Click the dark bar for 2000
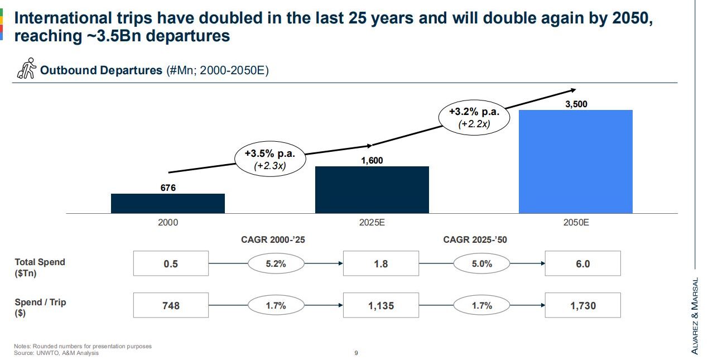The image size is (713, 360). click(x=168, y=203)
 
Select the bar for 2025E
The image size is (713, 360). click(x=372, y=190)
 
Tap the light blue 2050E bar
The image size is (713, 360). click(x=576, y=161)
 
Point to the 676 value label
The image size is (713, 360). click(x=168, y=188)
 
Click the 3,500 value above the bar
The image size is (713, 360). click(x=576, y=104)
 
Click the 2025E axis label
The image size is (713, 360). click(x=372, y=222)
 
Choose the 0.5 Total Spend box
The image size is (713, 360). click(x=171, y=264)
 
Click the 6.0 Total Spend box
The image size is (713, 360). click(x=582, y=264)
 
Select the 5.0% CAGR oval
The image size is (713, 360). click(x=481, y=264)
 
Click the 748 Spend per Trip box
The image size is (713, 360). click(x=171, y=305)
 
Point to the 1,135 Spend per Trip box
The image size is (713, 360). click(x=380, y=305)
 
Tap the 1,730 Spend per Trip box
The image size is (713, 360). click(x=582, y=305)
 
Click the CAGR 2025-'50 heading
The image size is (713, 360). click(x=475, y=239)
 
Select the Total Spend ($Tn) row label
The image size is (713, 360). click(x=40, y=267)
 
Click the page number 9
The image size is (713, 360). click(x=356, y=353)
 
